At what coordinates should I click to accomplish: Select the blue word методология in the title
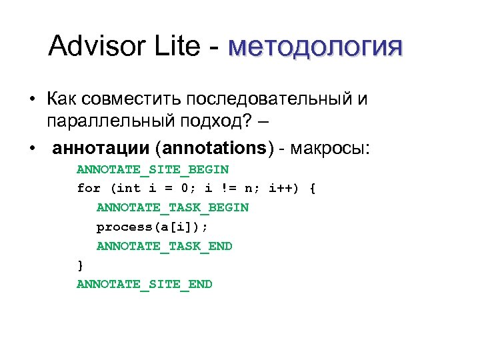pyautogui.click(x=315, y=48)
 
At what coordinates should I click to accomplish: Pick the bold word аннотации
pyautogui.click(x=99, y=147)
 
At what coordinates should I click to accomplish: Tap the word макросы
pyautogui.click(x=331, y=147)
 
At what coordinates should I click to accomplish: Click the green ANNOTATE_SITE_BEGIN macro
pyautogui.click(x=153, y=169)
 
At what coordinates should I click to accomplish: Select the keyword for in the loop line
pyautogui.click(x=89, y=189)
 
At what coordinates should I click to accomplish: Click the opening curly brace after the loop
pyautogui.click(x=312, y=189)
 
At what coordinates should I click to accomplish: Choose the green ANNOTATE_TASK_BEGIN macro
pyautogui.click(x=172, y=208)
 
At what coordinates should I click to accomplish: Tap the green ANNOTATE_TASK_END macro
pyautogui.click(x=164, y=247)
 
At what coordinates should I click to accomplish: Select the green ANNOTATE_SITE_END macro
pyautogui.click(x=145, y=285)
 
